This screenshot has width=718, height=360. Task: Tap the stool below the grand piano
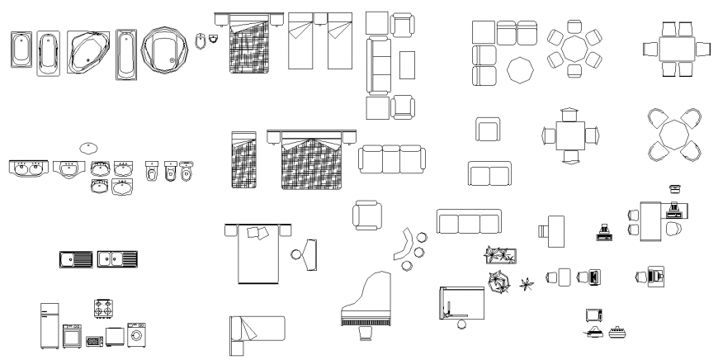(366, 333)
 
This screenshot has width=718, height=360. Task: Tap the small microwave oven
(93, 340)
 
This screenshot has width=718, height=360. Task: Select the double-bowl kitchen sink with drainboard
(117, 259)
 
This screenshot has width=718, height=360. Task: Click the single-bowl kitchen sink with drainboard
(76, 259)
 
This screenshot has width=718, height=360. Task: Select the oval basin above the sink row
(88, 148)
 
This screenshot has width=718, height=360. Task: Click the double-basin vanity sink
(28, 169)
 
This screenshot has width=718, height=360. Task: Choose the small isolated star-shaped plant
(526, 287)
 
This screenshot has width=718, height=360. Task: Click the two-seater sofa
(489, 174)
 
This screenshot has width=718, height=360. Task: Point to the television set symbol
(593, 314)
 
